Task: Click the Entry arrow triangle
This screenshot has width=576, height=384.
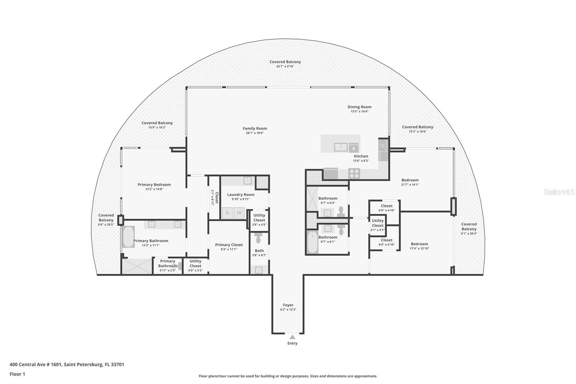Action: (x=292, y=337)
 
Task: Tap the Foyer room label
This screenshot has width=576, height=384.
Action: (x=288, y=305)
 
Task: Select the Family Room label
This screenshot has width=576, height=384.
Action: (x=255, y=129)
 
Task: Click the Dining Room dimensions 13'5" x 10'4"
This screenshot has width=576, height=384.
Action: (x=359, y=111)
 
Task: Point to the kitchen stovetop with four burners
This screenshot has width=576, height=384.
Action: (x=354, y=174)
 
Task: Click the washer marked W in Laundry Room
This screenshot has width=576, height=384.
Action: (x=239, y=213)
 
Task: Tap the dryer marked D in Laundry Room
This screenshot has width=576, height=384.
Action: (x=228, y=213)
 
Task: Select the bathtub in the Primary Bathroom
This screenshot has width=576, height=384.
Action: (x=128, y=237)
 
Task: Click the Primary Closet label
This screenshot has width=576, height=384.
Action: (x=229, y=245)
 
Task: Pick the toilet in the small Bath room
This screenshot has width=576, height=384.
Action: (x=259, y=238)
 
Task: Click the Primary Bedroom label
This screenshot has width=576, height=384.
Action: (x=154, y=185)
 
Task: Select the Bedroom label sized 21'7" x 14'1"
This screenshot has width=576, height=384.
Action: (x=410, y=180)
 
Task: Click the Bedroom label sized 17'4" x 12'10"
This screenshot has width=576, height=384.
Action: (x=419, y=244)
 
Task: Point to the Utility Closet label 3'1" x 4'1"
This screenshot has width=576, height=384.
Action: (x=378, y=223)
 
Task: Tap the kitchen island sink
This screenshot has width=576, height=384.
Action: (x=340, y=147)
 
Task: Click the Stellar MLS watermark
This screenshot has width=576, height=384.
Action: (x=559, y=192)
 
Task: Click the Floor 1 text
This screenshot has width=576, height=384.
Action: (x=17, y=374)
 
